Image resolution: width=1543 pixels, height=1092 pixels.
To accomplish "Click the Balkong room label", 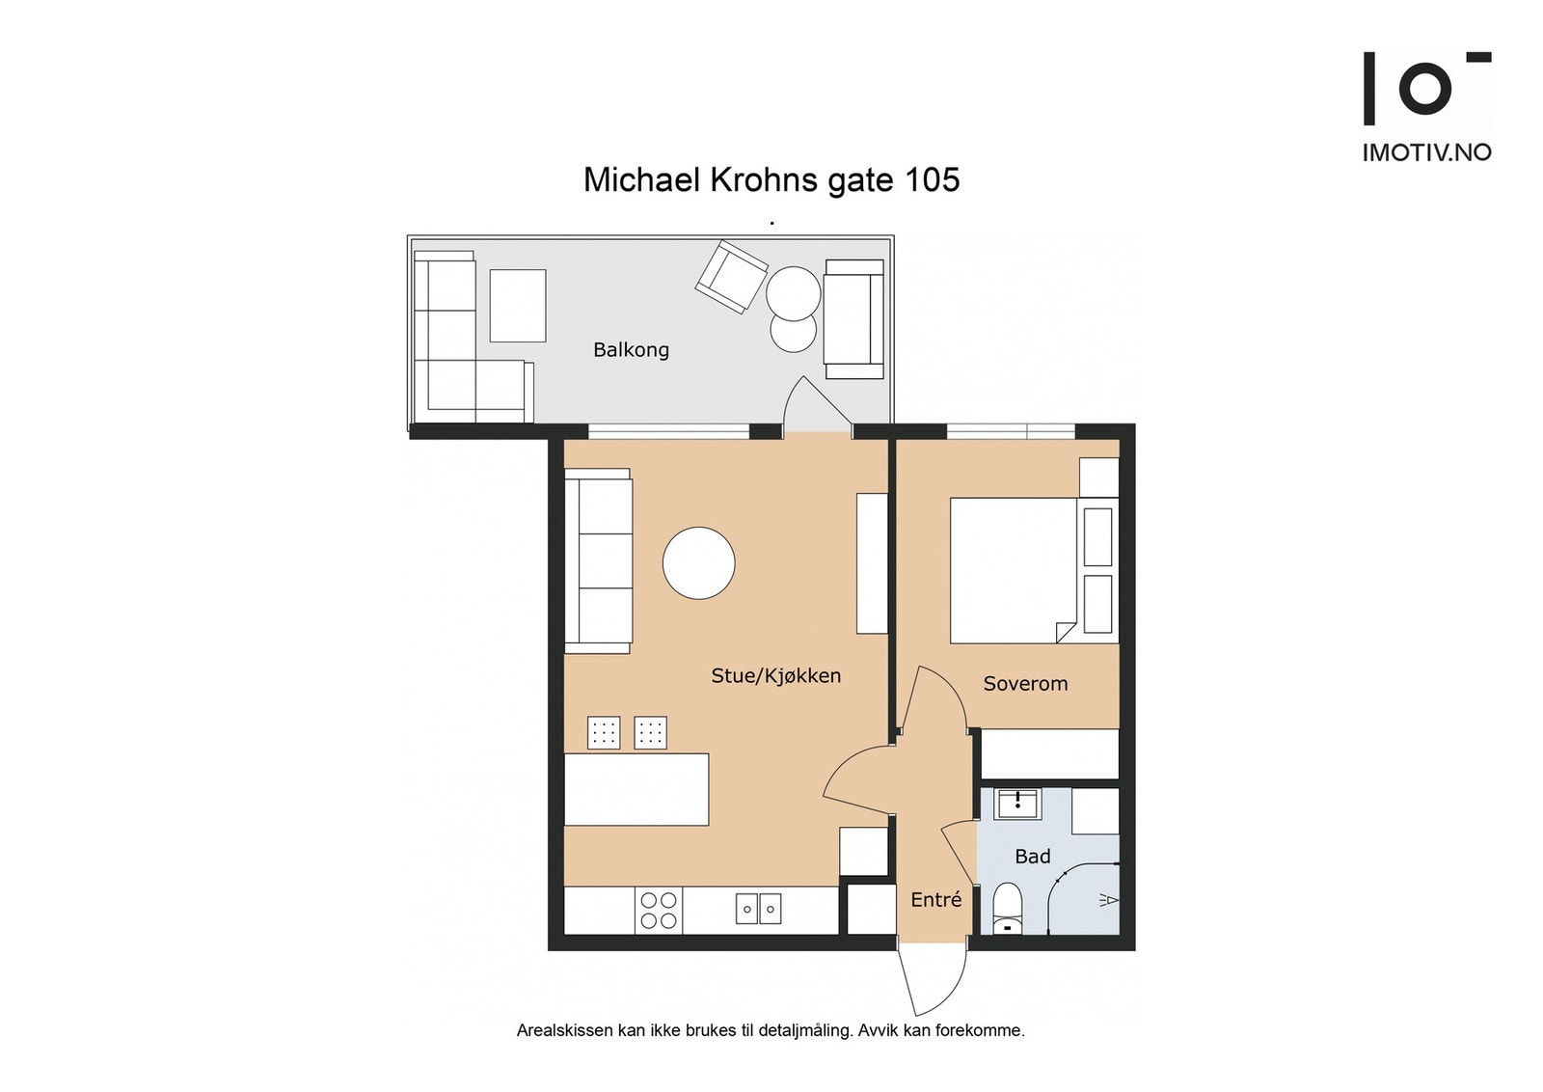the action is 631,350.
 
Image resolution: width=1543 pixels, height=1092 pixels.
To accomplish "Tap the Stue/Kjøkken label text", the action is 775,676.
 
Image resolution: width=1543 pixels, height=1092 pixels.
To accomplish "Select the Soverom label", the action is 1025,683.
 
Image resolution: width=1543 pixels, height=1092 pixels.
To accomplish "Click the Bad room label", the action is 1033,857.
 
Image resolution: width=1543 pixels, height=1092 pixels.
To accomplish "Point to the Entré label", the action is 935,899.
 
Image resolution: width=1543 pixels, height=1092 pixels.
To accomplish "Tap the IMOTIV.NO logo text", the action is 1426,152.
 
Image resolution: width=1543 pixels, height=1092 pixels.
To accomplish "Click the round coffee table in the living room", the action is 698,562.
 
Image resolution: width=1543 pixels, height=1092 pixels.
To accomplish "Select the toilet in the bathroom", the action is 1008,908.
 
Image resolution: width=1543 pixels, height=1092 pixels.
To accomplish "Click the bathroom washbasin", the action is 1017,804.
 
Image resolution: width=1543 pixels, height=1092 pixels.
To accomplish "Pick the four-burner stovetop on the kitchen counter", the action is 659,910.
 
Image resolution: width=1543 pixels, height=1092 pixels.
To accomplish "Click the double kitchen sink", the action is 758,909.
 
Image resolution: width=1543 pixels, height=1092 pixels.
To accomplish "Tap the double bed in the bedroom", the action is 1034,570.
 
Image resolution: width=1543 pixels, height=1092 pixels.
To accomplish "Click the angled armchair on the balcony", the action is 732,277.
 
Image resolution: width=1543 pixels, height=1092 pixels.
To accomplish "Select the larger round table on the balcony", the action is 793,293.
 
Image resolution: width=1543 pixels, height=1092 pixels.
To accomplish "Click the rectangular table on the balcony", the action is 517,305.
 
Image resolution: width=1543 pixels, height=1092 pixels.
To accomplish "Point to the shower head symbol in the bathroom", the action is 1108,899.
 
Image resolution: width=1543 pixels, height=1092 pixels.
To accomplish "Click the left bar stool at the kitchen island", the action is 604,732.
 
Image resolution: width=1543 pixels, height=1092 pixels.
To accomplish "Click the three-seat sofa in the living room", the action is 598,560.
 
